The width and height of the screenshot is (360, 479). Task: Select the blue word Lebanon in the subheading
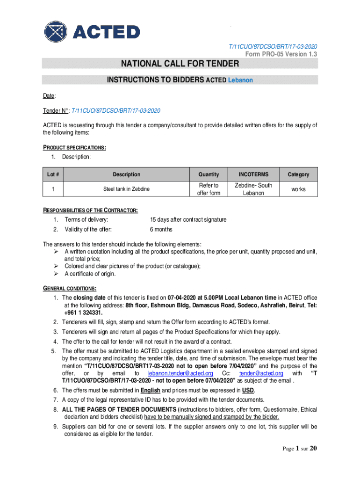(240, 80)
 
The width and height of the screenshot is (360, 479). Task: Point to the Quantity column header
(209, 174)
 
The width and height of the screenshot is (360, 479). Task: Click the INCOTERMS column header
(253, 174)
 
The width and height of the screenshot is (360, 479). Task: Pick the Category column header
(298, 174)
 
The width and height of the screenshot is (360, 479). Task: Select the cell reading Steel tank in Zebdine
(126, 189)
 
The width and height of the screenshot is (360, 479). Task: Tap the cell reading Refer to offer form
(209, 189)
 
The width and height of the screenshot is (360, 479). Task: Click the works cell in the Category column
(298, 189)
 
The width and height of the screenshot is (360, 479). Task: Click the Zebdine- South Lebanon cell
(253, 189)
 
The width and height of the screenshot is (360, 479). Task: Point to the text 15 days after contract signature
(188, 219)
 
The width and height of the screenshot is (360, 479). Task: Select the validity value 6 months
(161, 229)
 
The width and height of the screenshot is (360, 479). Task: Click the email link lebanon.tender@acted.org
(180, 373)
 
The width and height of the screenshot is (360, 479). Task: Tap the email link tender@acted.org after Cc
(261, 373)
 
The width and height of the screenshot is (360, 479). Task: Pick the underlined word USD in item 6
(248, 390)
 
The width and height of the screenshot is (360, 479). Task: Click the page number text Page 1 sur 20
(300, 449)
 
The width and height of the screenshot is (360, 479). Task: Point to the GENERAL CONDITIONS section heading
(70, 288)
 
